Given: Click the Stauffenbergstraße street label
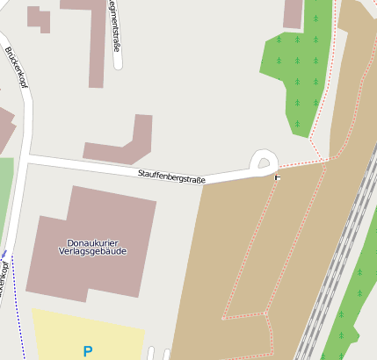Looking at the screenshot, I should tap(171, 176).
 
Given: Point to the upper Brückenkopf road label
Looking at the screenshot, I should tap(16, 67).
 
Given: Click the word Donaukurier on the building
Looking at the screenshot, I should tap(93, 242).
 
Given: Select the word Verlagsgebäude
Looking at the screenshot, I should tap(93, 251).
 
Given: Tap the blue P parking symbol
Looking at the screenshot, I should tap(87, 351).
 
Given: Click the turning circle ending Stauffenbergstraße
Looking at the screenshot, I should tap(264, 161).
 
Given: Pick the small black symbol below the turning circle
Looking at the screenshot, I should tap(278, 178).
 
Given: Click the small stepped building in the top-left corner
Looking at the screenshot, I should tap(39, 18).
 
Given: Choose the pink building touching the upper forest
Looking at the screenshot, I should tap(294, 13).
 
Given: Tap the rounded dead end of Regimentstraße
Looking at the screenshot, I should tap(117, 64).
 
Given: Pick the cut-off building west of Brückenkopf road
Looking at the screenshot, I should tap(4, 127).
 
